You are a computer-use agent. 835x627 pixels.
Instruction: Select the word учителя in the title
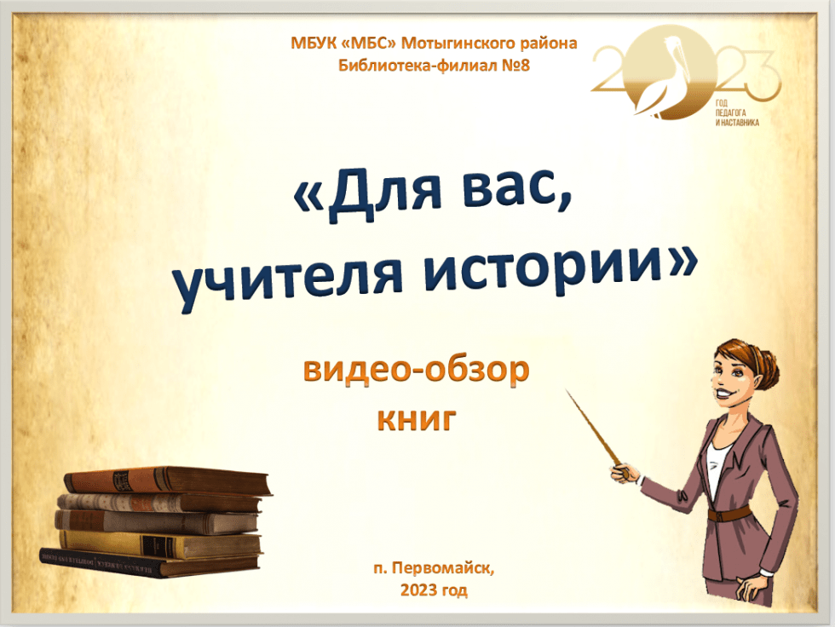[x=288, y=281]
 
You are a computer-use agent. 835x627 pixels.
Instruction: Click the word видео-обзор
[x=416, y=369]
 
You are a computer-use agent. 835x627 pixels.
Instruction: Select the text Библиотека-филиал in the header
[x=417, y=66]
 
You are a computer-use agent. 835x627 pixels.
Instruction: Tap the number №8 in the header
[x=515, y=66]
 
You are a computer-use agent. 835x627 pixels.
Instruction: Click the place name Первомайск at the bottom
[x=443, y=568]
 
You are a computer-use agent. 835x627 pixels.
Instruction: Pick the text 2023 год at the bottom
[x=434, y=590]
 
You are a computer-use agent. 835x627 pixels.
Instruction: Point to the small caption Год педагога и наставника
[x=736, y=112]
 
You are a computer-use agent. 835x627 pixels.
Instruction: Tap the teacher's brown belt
[x=729, y=515]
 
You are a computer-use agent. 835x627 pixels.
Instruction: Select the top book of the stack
[x=167, y=480]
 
